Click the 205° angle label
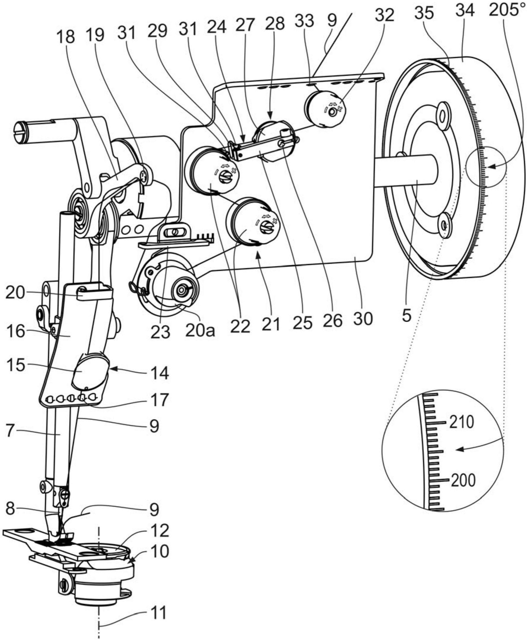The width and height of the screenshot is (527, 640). point(507,11)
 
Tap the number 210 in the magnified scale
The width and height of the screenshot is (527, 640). point(461,422)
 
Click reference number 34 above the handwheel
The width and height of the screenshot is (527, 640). point(464,11)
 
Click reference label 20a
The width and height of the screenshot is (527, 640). point(201,331)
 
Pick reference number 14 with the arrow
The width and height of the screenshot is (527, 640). point(160,373)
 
